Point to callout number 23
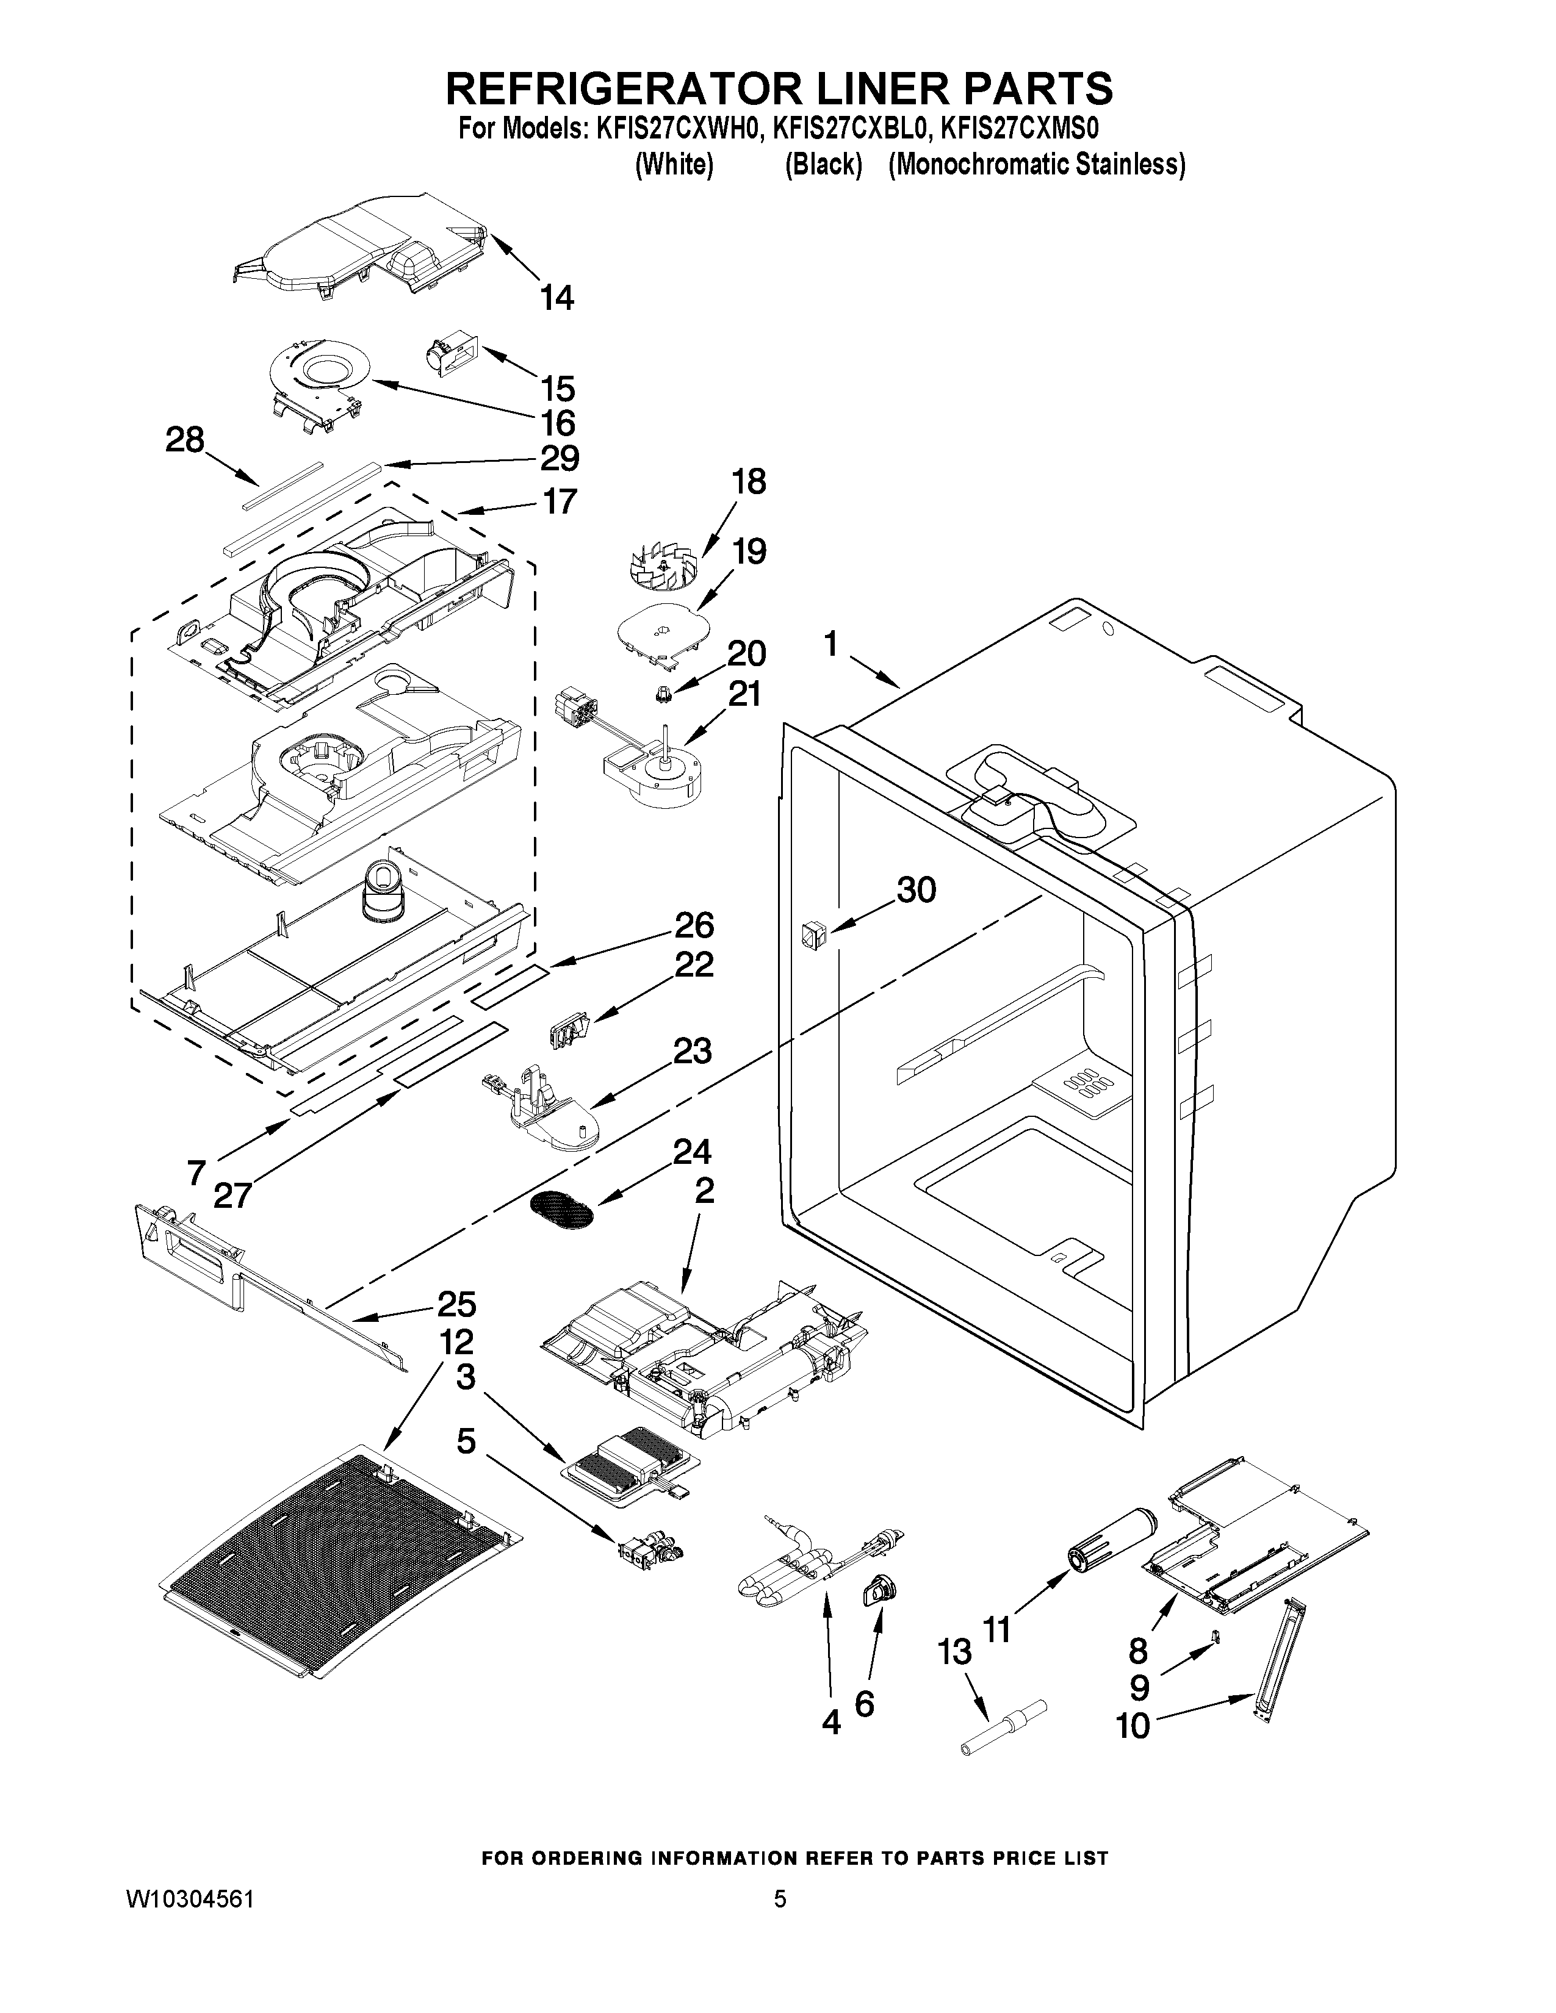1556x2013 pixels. tap(693, 1051)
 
